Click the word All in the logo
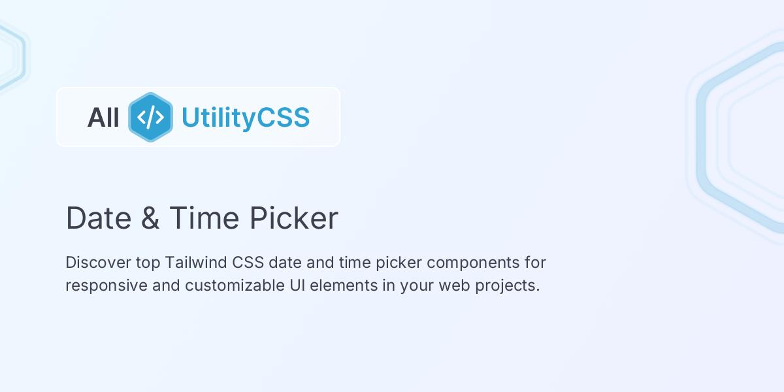click(103, 118)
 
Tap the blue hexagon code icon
click(150, 117)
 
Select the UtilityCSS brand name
click(245, 118)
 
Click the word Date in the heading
click(99, 218)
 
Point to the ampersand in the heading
click(150, 218)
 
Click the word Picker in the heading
click(294, 218)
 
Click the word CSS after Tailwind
click(248, 263)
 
